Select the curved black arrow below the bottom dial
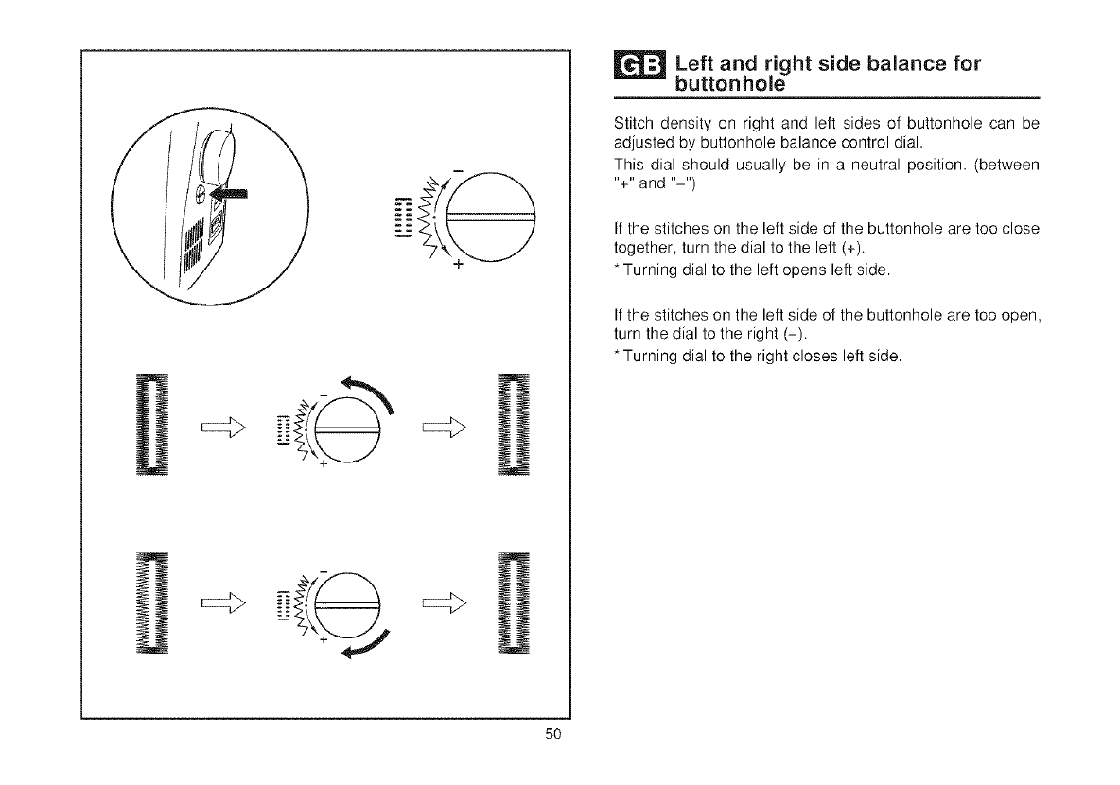(x=363, y=646)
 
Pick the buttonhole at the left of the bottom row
(x=151, y=602)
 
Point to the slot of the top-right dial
(x=491, y=218)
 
